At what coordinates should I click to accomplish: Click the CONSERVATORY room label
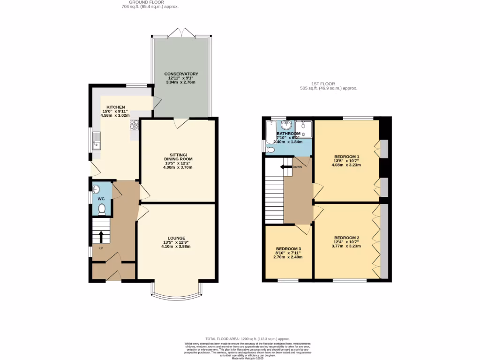pyautogui.click(x=181, y=74)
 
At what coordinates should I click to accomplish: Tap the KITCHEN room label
pyautogui.click(x=115, y=107)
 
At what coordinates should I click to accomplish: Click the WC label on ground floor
pyautogui.click(x=101, y=199)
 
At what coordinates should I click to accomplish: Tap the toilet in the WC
pyautogui.click(x=102, y=209)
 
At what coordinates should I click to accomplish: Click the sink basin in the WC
pyautogui.click(x=96, y=189)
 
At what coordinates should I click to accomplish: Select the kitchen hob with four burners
pyautogui.click(x=135, y=125)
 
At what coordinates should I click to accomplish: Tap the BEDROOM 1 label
pyautogui.click(x=346, y=157)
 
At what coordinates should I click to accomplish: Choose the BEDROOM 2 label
pyautogui.click(x=346, y=238)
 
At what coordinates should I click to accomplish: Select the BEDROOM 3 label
pyautogui.click(x=288, y=249)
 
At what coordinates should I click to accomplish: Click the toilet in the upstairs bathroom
pyautogui.click(x=270, y=150)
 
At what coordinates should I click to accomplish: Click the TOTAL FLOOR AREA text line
pyautogui.click(x=247, y=338)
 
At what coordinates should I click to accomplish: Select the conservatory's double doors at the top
pyautogui.click(x=181, y=33)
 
